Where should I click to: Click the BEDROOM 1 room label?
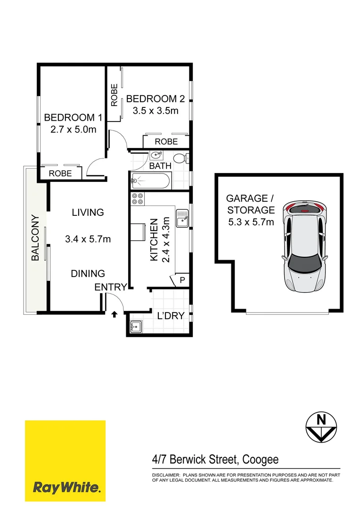[x=73, y=117]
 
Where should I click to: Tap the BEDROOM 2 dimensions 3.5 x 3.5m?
[x=155, y=111]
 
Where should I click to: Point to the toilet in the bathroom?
[x=180, y=158]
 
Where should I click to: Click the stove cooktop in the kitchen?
[x=138, y=199]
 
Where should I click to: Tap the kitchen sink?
[x=181, y=218]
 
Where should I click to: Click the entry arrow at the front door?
[x=114, y=313]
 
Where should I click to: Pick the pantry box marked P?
[x=182, y=280]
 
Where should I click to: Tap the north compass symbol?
[x=322, y=427]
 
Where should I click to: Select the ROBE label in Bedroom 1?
[x=60, y=173]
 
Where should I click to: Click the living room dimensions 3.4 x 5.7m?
[x=88, y=239]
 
